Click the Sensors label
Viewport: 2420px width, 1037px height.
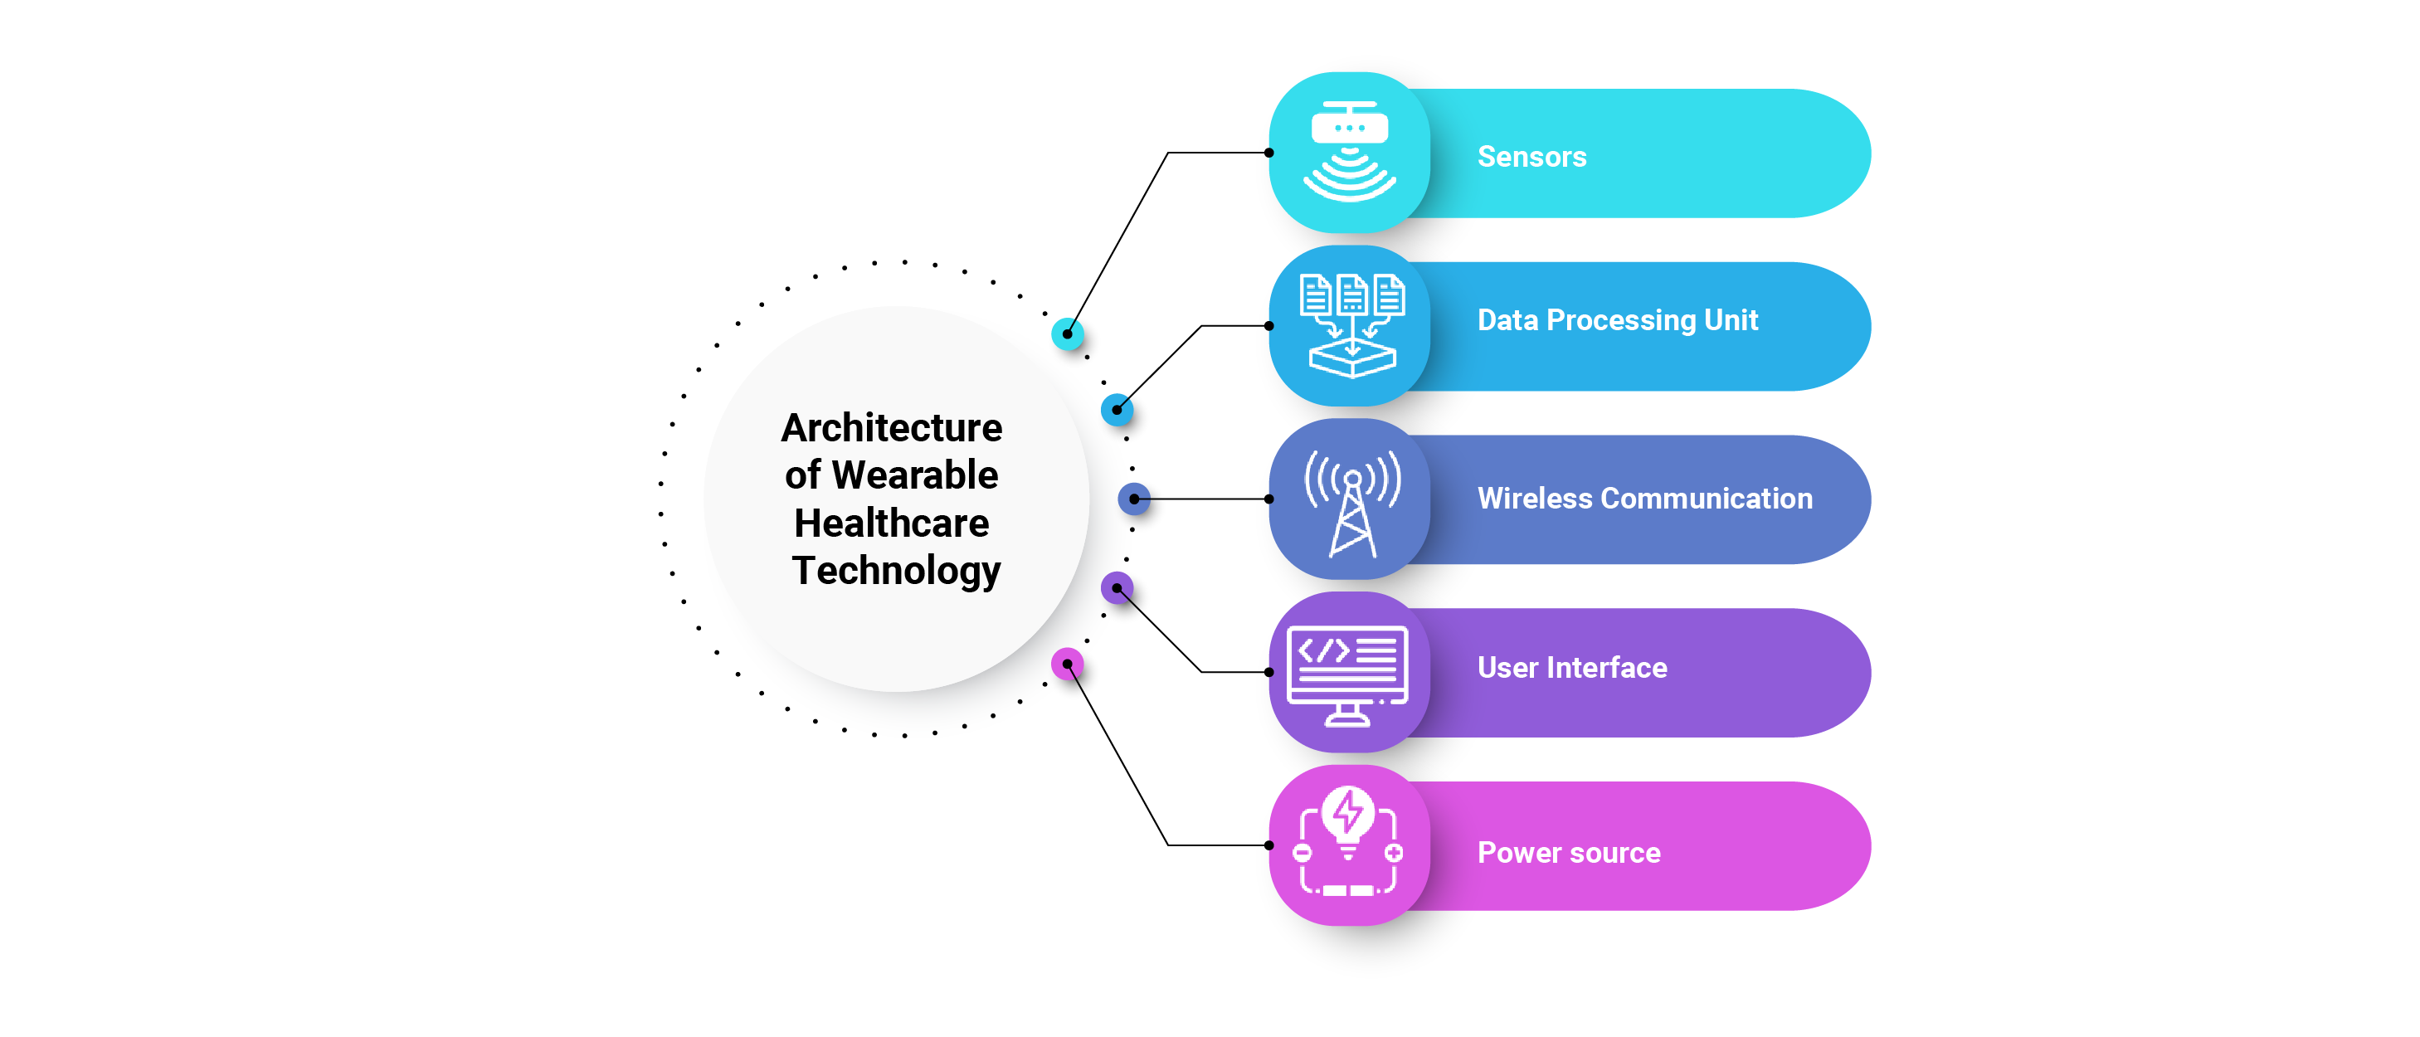(1531, 156)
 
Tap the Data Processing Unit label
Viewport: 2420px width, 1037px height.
(1617, 320)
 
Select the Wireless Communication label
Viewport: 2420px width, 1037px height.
(1644, 498)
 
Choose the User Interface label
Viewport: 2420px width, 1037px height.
(1571, 667)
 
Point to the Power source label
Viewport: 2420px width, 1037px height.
(1568, 852)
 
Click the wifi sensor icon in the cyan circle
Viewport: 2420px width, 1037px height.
(1349, 152)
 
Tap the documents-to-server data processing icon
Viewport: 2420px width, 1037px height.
(1351, 325)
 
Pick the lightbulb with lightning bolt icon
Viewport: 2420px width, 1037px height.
(1347, 840)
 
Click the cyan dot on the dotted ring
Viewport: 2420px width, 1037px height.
(1067, 333)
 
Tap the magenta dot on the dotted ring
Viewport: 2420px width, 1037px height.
(1067, 664)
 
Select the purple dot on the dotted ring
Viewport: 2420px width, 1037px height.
(1116, 588)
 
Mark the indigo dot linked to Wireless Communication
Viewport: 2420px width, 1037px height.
(1134, 499)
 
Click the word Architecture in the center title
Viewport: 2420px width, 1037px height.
(892, 428)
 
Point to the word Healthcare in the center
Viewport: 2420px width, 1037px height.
(892, 523)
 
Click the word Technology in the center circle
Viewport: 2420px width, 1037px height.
(895, 570)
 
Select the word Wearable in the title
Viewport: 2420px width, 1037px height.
(914, 475)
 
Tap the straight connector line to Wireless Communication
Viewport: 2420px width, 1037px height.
(1202, 499)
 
